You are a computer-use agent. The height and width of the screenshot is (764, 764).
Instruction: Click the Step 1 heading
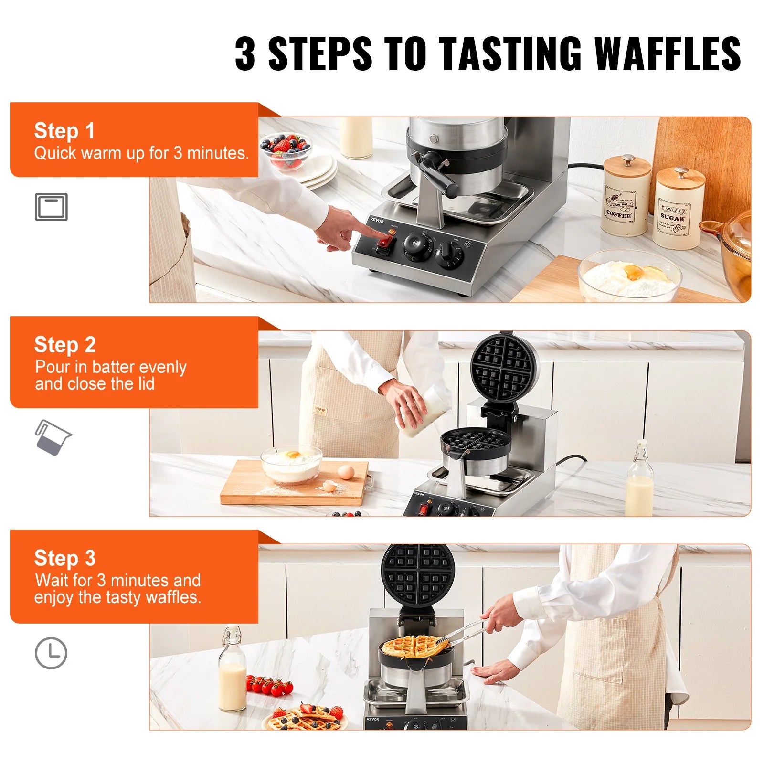pyautogui.click(x=64, y=131)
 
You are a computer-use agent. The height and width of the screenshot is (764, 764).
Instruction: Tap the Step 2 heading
pyautogui.click(x=65, y=345)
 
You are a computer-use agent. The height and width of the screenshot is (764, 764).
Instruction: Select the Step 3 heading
pyautogui.click(x=65, y=558)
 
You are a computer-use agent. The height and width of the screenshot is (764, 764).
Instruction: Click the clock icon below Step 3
pyautogui.click(x=51, y=653)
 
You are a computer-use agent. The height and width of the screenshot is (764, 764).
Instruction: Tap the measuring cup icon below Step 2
pyautogui.click(x=53, y=437)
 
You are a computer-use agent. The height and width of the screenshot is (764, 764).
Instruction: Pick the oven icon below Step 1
pyautogui.click(x=51, y=207)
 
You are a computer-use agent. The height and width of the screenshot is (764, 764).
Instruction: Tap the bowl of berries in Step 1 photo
pyautogui.click(x=286, y=150)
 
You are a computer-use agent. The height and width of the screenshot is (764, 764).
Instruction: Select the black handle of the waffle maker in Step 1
pyautogui.click(x=437, y=175)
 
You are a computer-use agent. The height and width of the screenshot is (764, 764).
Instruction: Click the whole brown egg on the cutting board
pyautogui.click(x=346, y=472)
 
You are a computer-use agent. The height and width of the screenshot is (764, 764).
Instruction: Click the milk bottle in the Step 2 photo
pyautogui.click(x=639, y=482)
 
